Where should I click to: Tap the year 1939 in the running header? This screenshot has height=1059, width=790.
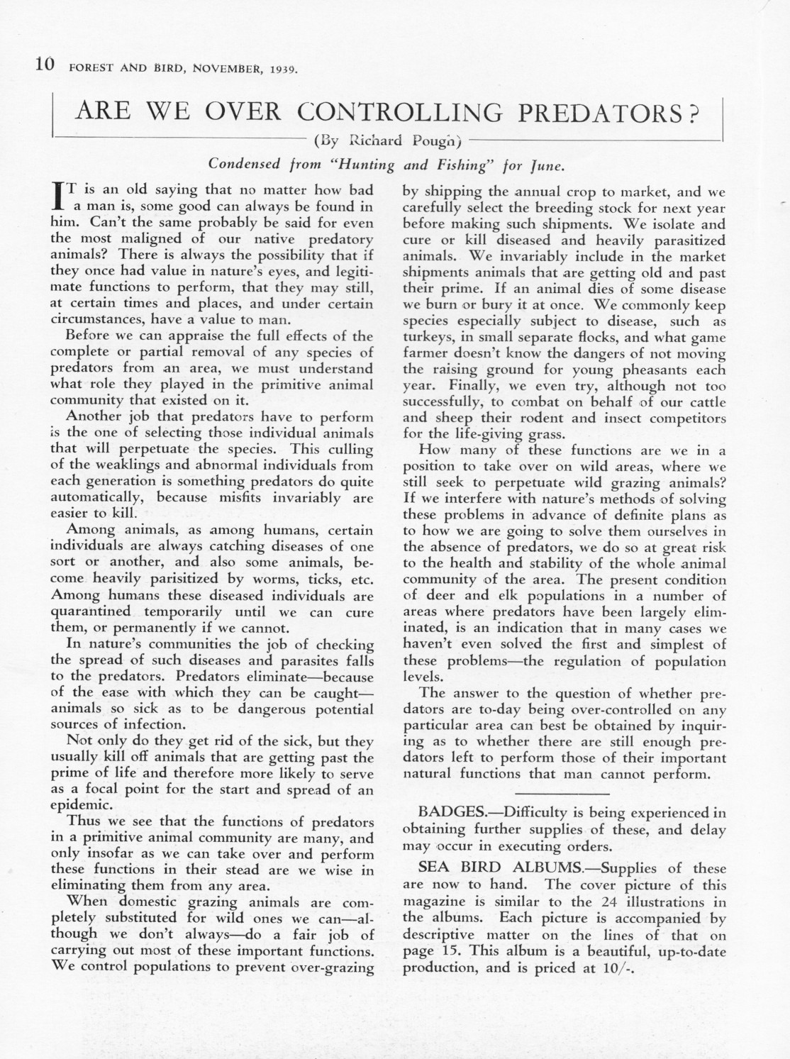[282, 70]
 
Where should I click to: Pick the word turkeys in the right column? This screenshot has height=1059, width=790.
[425, 338]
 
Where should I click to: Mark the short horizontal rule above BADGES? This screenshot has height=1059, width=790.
[563, 791]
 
